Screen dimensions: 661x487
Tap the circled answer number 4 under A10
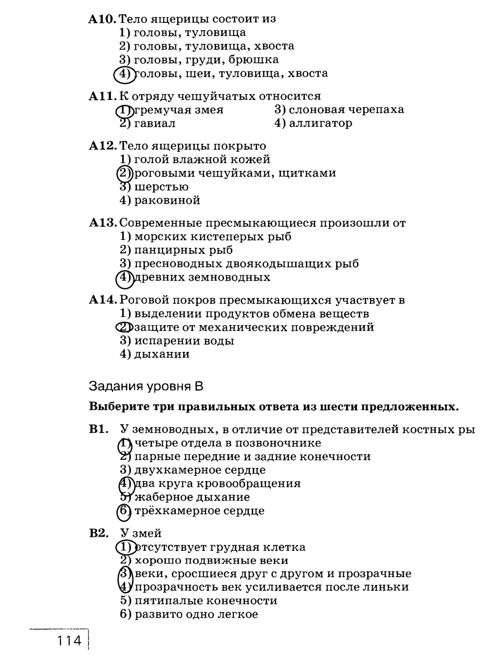(x=124, y=74)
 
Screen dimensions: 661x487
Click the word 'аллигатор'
(x=320, y=123)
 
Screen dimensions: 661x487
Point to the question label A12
(x=103, y=146)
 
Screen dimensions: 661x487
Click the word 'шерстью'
(x=161, y=187)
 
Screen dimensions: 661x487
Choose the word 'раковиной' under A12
(x=167, y=200)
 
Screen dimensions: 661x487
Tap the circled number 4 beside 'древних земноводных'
(x=124, y=278)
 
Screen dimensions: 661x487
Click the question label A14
(x=103, y=300)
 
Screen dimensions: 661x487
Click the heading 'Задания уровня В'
(x=146, y=387)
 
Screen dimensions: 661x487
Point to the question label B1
(x=98, y=429)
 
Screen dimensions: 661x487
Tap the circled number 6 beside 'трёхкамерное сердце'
(x=125, y=511)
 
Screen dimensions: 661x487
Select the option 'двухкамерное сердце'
(x=200, y=470)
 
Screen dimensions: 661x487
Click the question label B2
(x=98, y=533)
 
